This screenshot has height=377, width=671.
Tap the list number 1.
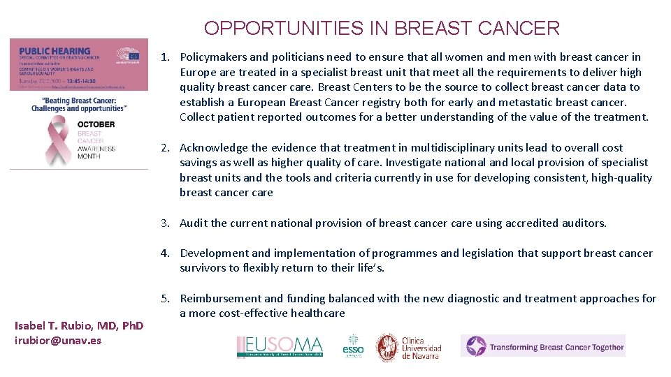click(165, 57)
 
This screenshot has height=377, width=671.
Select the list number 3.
click(165, 223)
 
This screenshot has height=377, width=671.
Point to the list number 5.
click(165, 299)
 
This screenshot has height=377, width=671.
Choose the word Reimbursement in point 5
click(223, 299)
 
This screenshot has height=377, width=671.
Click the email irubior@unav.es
click(58, 341)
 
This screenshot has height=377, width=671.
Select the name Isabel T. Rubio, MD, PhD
click(79, 326)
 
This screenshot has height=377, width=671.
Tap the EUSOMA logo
click(280, 346)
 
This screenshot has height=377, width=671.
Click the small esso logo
click(353, 346)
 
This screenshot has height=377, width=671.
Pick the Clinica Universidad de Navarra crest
click(387, 346)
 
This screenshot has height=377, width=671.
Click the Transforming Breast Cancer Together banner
click(542, 346)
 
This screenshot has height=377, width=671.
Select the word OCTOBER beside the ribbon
click(96, 125)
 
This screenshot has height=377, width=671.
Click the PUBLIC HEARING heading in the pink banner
click(55, 51)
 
